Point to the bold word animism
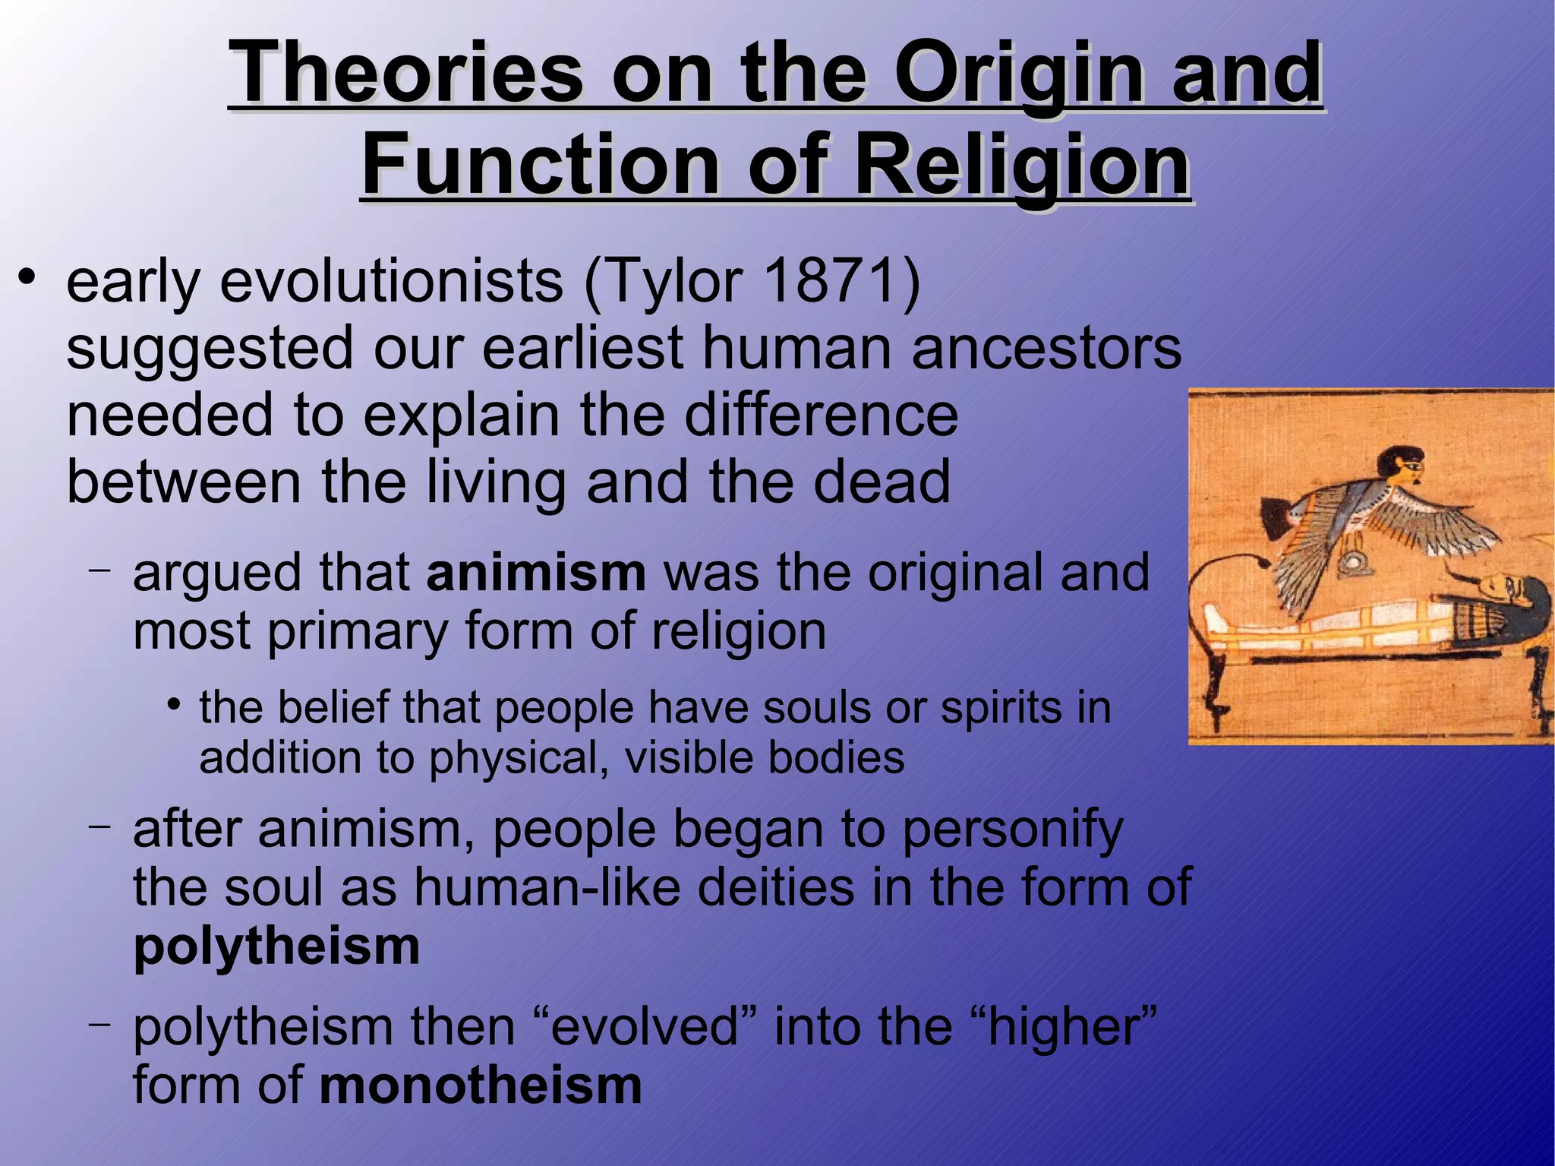(536, 573)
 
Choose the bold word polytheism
(276, 946)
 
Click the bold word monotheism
(481, 1085)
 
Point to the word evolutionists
(392, 281)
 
